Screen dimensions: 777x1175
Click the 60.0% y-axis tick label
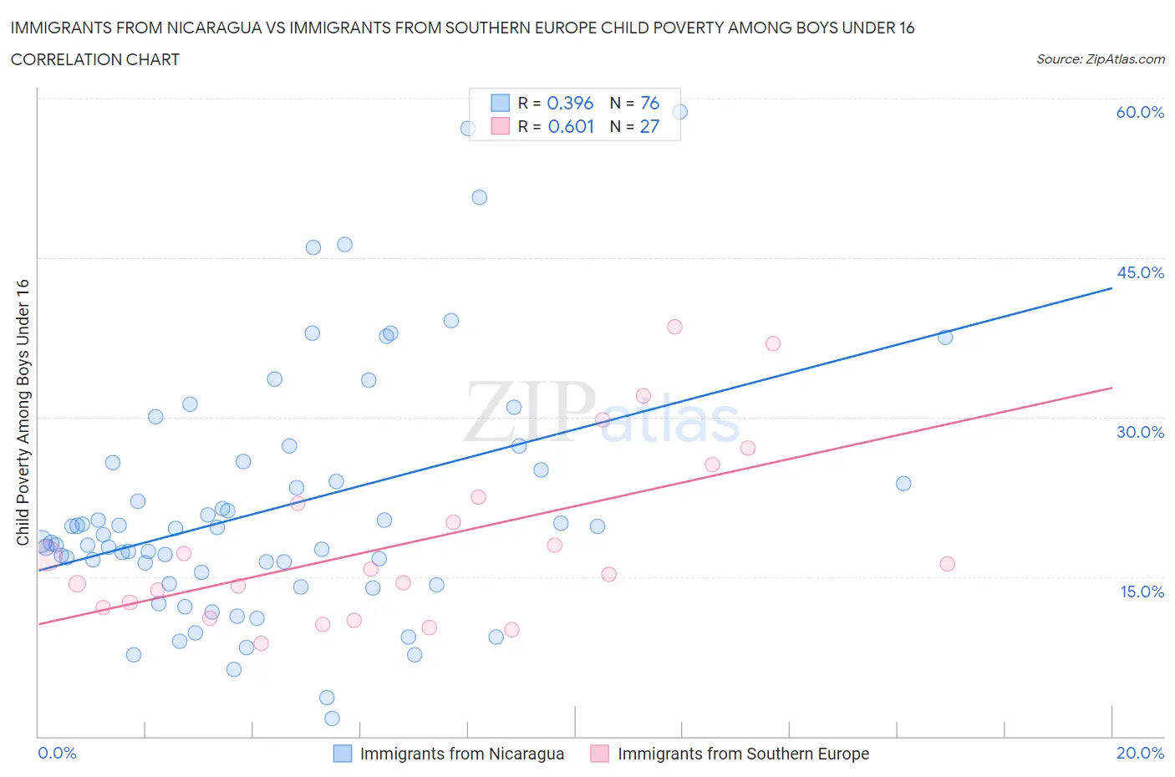pos(1140,112)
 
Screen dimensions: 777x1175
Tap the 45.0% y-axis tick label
pos(1140,272)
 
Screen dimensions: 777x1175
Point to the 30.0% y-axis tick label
pos(1140,432)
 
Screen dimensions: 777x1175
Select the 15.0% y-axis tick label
pos(1140,592)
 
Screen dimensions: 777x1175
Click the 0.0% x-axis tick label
pos(57,753)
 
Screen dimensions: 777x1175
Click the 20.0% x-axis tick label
pos(1140,753)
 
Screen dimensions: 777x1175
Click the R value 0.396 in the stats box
pos(570,103)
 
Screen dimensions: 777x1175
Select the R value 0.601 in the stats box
pos(571,126)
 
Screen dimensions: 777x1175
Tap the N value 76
pos(649,103)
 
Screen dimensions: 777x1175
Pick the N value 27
pos(649,126)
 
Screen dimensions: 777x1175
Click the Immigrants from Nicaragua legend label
pos(461,754)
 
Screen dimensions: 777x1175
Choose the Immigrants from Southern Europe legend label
pos(743,754)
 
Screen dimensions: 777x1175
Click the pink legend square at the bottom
pos(599,754)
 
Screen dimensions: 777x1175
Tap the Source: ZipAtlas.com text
pos(1100,59)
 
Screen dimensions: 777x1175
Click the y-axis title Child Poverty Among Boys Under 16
pos(23,412)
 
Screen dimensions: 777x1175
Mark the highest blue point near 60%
pos(679,112)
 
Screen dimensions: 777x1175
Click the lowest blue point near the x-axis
pos(332,719)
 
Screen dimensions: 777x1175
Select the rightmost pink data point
pos(947,564)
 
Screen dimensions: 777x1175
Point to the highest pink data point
pos(674,327)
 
